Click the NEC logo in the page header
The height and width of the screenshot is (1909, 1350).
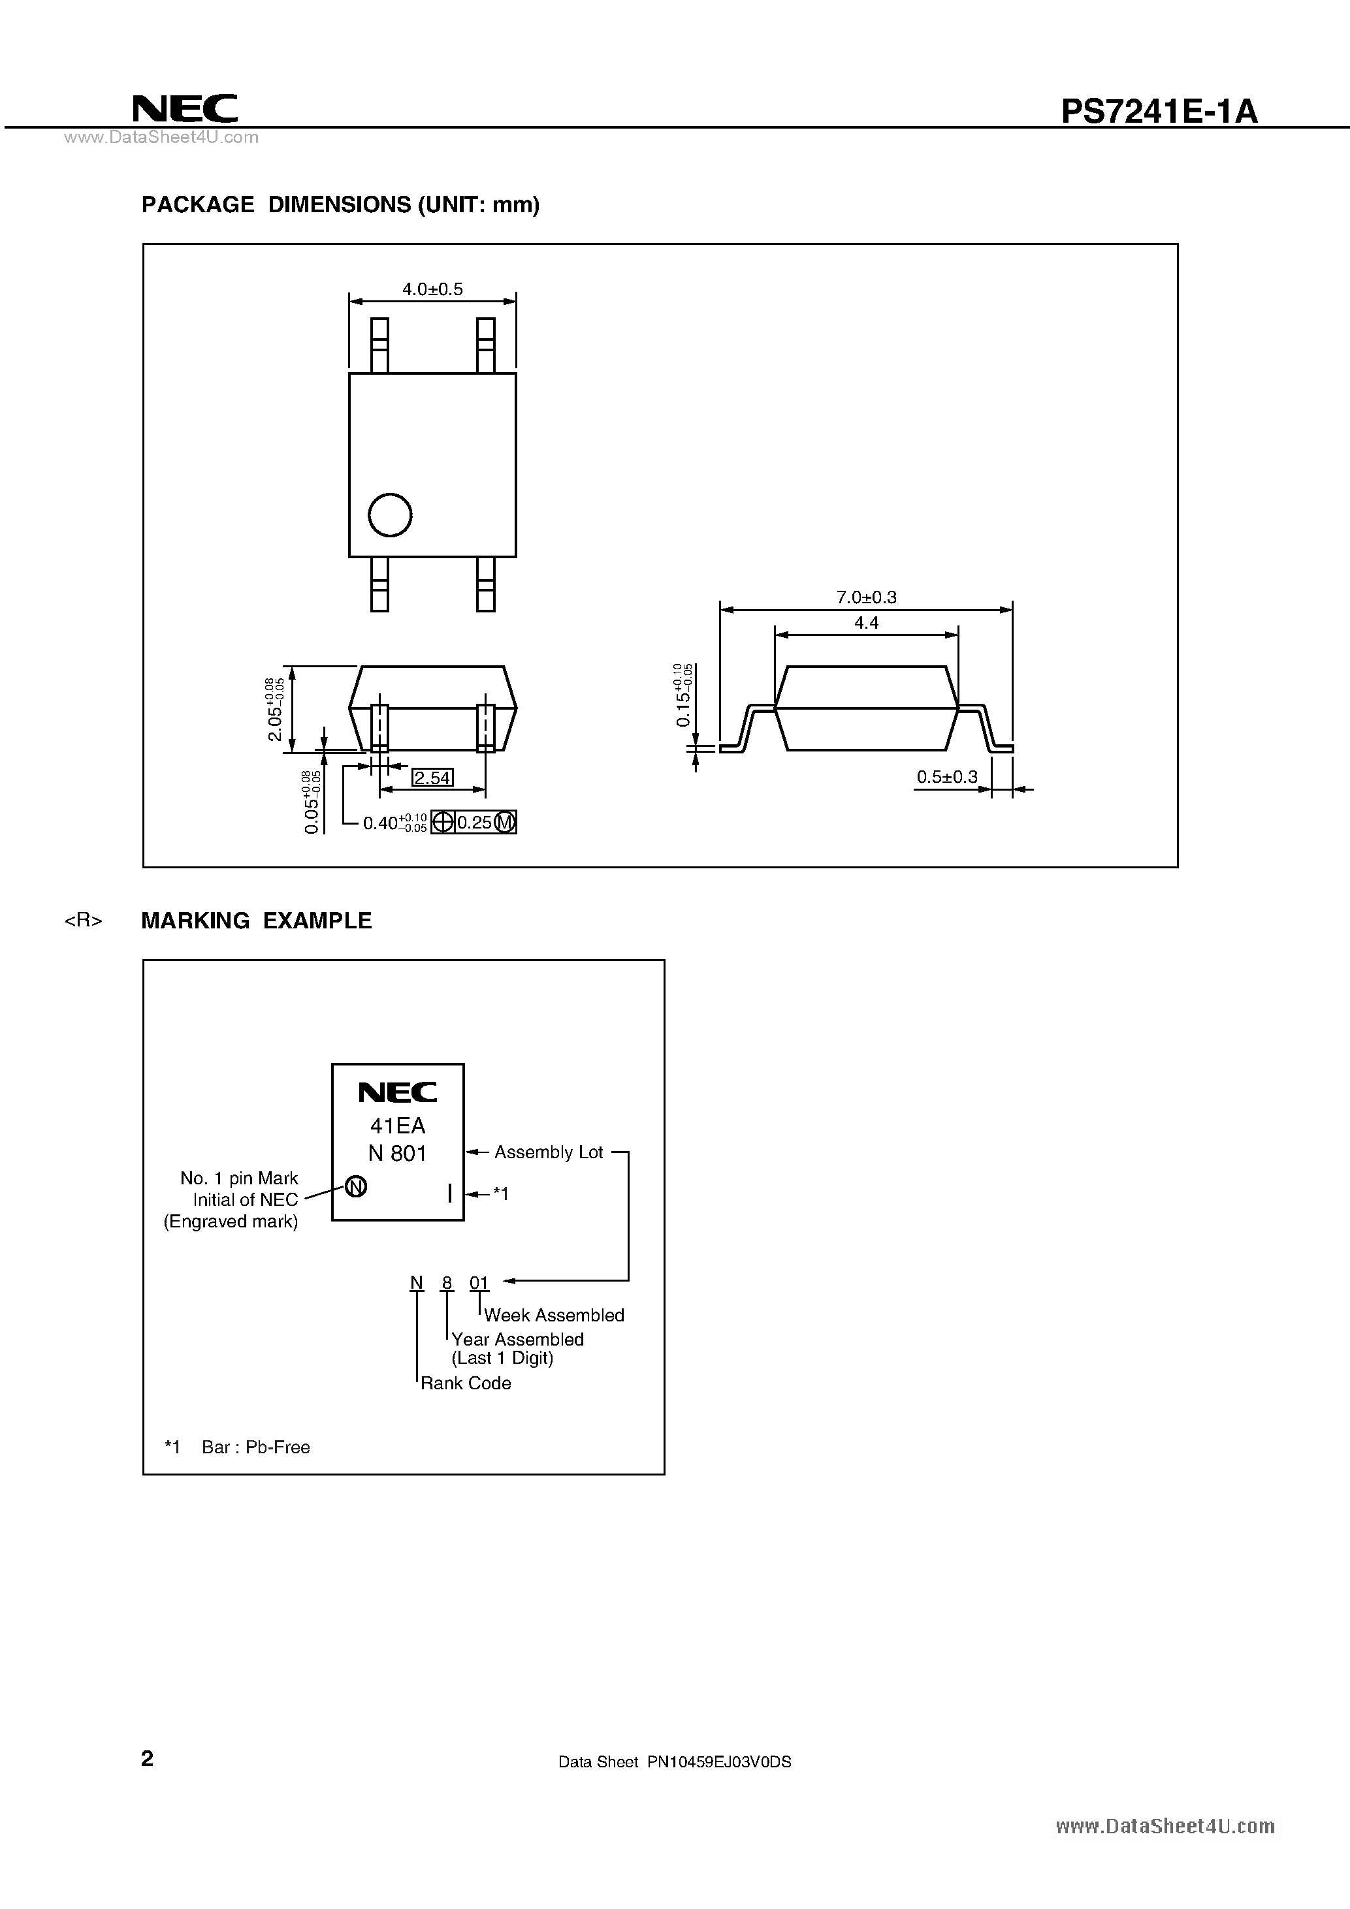coord(185,108)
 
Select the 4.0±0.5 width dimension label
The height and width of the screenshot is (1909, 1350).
coord(432,289)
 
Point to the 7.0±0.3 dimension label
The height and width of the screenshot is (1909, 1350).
coord(866,597)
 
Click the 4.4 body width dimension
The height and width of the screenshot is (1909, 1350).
coord(866,623)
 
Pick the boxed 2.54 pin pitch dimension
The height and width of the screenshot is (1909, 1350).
coord(432,778)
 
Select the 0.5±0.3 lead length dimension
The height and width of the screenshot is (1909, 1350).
coord(946,776)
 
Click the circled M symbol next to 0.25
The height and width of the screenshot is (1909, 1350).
coord(505,823)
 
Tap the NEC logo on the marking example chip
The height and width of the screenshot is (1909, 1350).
coord(398,1092)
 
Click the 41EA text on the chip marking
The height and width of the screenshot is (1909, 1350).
coord(398,1126)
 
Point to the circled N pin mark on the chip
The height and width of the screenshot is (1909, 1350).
coord(356,1188)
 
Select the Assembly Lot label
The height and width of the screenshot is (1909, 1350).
coord(548,1152)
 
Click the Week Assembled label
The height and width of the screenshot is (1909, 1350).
coord(554,1316)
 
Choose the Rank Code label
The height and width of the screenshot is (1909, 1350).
coord(466,1383)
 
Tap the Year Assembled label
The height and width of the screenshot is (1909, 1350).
coord(517,1340)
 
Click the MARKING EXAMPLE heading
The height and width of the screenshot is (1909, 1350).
coord(256,921)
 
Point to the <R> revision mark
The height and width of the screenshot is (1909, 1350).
coord(83,921)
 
